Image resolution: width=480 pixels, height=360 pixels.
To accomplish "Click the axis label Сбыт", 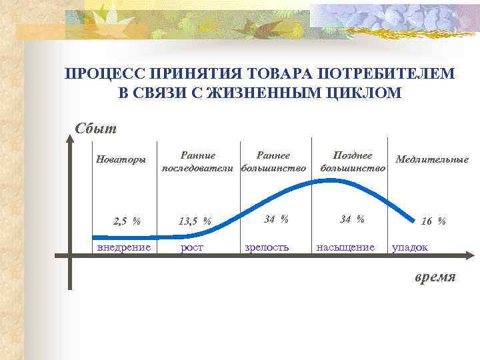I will click(96, 128).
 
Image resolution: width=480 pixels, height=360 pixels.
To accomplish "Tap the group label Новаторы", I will click(121, 159).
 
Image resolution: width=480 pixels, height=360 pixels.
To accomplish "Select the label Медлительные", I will click(432, 159).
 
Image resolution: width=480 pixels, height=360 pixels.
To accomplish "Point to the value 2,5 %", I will click(127, 221).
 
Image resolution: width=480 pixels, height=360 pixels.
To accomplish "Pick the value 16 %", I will click(433, 221).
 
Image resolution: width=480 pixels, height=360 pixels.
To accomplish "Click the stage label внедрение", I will click(124, 247).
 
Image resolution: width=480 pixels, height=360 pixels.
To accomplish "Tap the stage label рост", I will click(193, 247).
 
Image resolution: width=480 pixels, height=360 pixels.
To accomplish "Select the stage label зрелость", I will click(267, 247).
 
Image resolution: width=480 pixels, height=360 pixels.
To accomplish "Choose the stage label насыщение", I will click(345, 247).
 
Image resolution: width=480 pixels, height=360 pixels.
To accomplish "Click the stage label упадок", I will click(410, 247).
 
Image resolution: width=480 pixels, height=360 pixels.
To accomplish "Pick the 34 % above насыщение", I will click(352, 218).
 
